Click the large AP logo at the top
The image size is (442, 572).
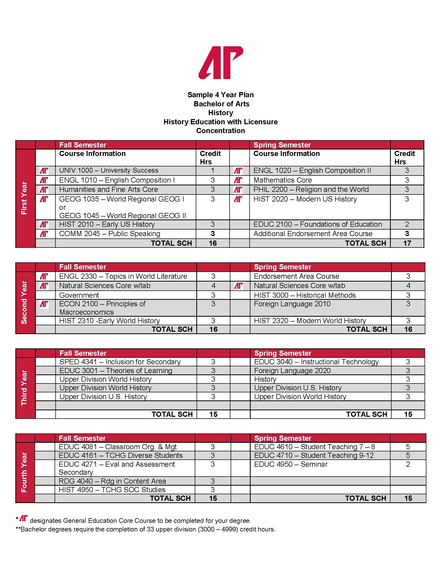coord(221,63)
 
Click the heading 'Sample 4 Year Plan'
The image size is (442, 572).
coord(220,95)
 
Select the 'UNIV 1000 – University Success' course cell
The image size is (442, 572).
coord(109,171)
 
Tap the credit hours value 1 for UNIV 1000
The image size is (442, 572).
coord(213,171)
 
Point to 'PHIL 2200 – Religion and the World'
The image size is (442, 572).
coord(311,189)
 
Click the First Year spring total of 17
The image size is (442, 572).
coord(407,243)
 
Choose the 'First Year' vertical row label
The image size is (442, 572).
coord(24,198)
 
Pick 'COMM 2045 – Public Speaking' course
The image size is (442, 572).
coord(109,234)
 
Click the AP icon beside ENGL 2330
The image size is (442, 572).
coord(44,276)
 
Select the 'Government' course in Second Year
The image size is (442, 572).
coord(79,295)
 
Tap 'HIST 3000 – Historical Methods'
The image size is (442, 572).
coord(305,295)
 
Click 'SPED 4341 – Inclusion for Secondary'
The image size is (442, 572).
coord(120,362)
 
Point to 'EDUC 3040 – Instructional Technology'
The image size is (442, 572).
coord(316,362)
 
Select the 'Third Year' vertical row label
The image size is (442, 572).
coord(24,388)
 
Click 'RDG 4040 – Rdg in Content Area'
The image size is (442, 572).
coord(112,481)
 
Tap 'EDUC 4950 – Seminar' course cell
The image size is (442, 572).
coord(291,464)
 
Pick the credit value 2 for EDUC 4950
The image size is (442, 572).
coord(408,464)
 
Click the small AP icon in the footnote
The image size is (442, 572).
coord(24,518)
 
